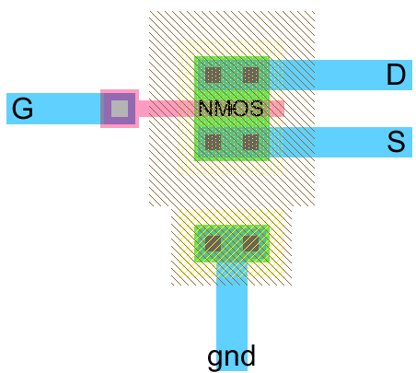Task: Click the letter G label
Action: click(22, 110)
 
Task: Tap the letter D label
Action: click(396, 75)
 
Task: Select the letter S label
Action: click(396, 142)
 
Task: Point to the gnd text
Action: click(231, 356)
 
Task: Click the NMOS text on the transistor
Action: click(230, 109)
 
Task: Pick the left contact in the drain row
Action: click(213, 75)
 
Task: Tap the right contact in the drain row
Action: click(250, 75)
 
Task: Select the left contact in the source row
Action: click(213, 142)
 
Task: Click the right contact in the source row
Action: click(250, 142)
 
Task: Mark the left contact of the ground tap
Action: click(213, 243)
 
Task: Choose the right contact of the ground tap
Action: click(250, 243)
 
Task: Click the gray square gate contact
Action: click(119, 109)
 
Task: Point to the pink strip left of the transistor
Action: click(156, 109)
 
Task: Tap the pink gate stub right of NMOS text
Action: click(275, 109)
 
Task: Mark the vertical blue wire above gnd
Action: click(231, 304)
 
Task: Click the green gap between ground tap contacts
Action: click(231, 243)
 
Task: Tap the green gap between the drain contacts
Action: click(231, 75)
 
